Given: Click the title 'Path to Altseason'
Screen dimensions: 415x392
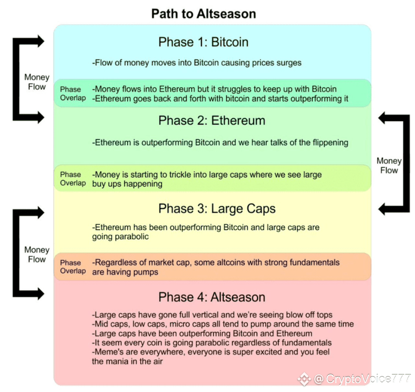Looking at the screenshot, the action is click(204, 14).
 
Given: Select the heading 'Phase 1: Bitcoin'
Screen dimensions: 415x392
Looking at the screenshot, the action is click(203, 42).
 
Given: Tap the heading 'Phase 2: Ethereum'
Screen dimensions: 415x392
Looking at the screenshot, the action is click(212, 121).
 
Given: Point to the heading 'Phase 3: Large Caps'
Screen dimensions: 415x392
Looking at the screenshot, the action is click(217, 209).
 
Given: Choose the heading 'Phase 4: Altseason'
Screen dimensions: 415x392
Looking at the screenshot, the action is click(212, 297).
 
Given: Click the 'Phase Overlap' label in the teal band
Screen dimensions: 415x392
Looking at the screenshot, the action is click(73, 94).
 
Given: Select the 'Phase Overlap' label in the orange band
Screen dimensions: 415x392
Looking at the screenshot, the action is click(73, 267).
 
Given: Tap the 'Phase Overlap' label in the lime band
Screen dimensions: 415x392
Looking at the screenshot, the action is click(73, 179).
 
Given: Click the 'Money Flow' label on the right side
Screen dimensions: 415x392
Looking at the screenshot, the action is click(389, 165).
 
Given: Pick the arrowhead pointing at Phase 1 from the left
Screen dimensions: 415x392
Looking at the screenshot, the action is click(41, 41).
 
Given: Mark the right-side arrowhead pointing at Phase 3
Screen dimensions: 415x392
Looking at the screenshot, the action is click(382, 209).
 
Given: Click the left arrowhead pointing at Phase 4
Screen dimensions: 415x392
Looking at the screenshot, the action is click(41, 293).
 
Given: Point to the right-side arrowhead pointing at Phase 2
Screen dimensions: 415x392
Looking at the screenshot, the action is click(382, 118).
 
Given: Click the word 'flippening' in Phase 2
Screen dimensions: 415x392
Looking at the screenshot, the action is click(330, 143).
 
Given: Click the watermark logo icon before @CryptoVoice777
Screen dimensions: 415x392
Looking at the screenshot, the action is click(304, 379).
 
